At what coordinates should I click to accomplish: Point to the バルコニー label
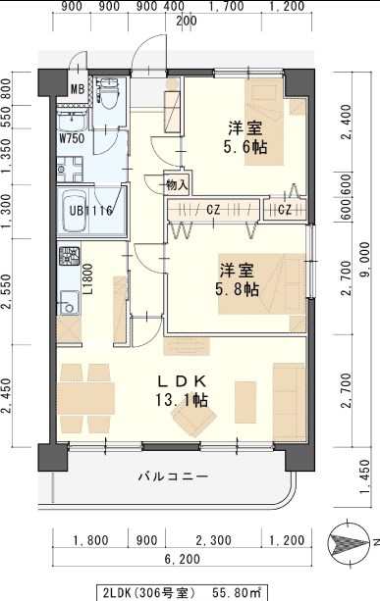pos(172,477)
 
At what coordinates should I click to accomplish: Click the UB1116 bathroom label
pos(91,209)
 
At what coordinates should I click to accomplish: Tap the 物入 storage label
pos(177,183)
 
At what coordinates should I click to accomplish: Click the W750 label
pos(71,138)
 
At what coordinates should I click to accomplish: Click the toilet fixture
pos(109,93)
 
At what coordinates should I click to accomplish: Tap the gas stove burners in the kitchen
pos(69,260)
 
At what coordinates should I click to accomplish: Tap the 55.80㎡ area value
pos(240,590)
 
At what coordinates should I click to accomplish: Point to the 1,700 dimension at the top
pos(227,7)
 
